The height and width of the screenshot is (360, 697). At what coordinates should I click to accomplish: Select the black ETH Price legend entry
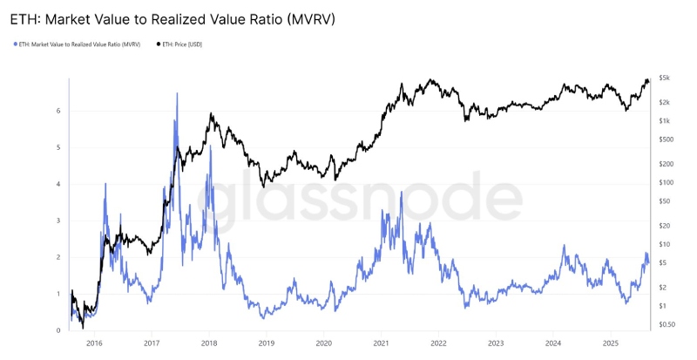pyautogui.click(x=183, y=44)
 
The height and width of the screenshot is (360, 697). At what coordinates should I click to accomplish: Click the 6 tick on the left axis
pyautogui.click(x=58, y=111)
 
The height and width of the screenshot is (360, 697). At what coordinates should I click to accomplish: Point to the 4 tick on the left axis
pyautogui.click(x=58, y=184)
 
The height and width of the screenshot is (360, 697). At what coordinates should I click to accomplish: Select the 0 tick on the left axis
pyautogui.click(x=58, y=330)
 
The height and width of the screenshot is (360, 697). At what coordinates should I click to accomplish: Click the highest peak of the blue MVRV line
pyautogui.click(x=177, y=93)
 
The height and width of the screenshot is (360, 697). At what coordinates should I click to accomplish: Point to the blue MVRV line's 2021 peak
pyautogui.click(x=401, y=193)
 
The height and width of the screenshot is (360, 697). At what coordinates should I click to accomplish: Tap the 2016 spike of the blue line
pyautogui.click(x=105, y=184)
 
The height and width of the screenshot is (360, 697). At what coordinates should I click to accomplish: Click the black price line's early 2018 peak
pyautogui.click(x=209, y=114)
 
